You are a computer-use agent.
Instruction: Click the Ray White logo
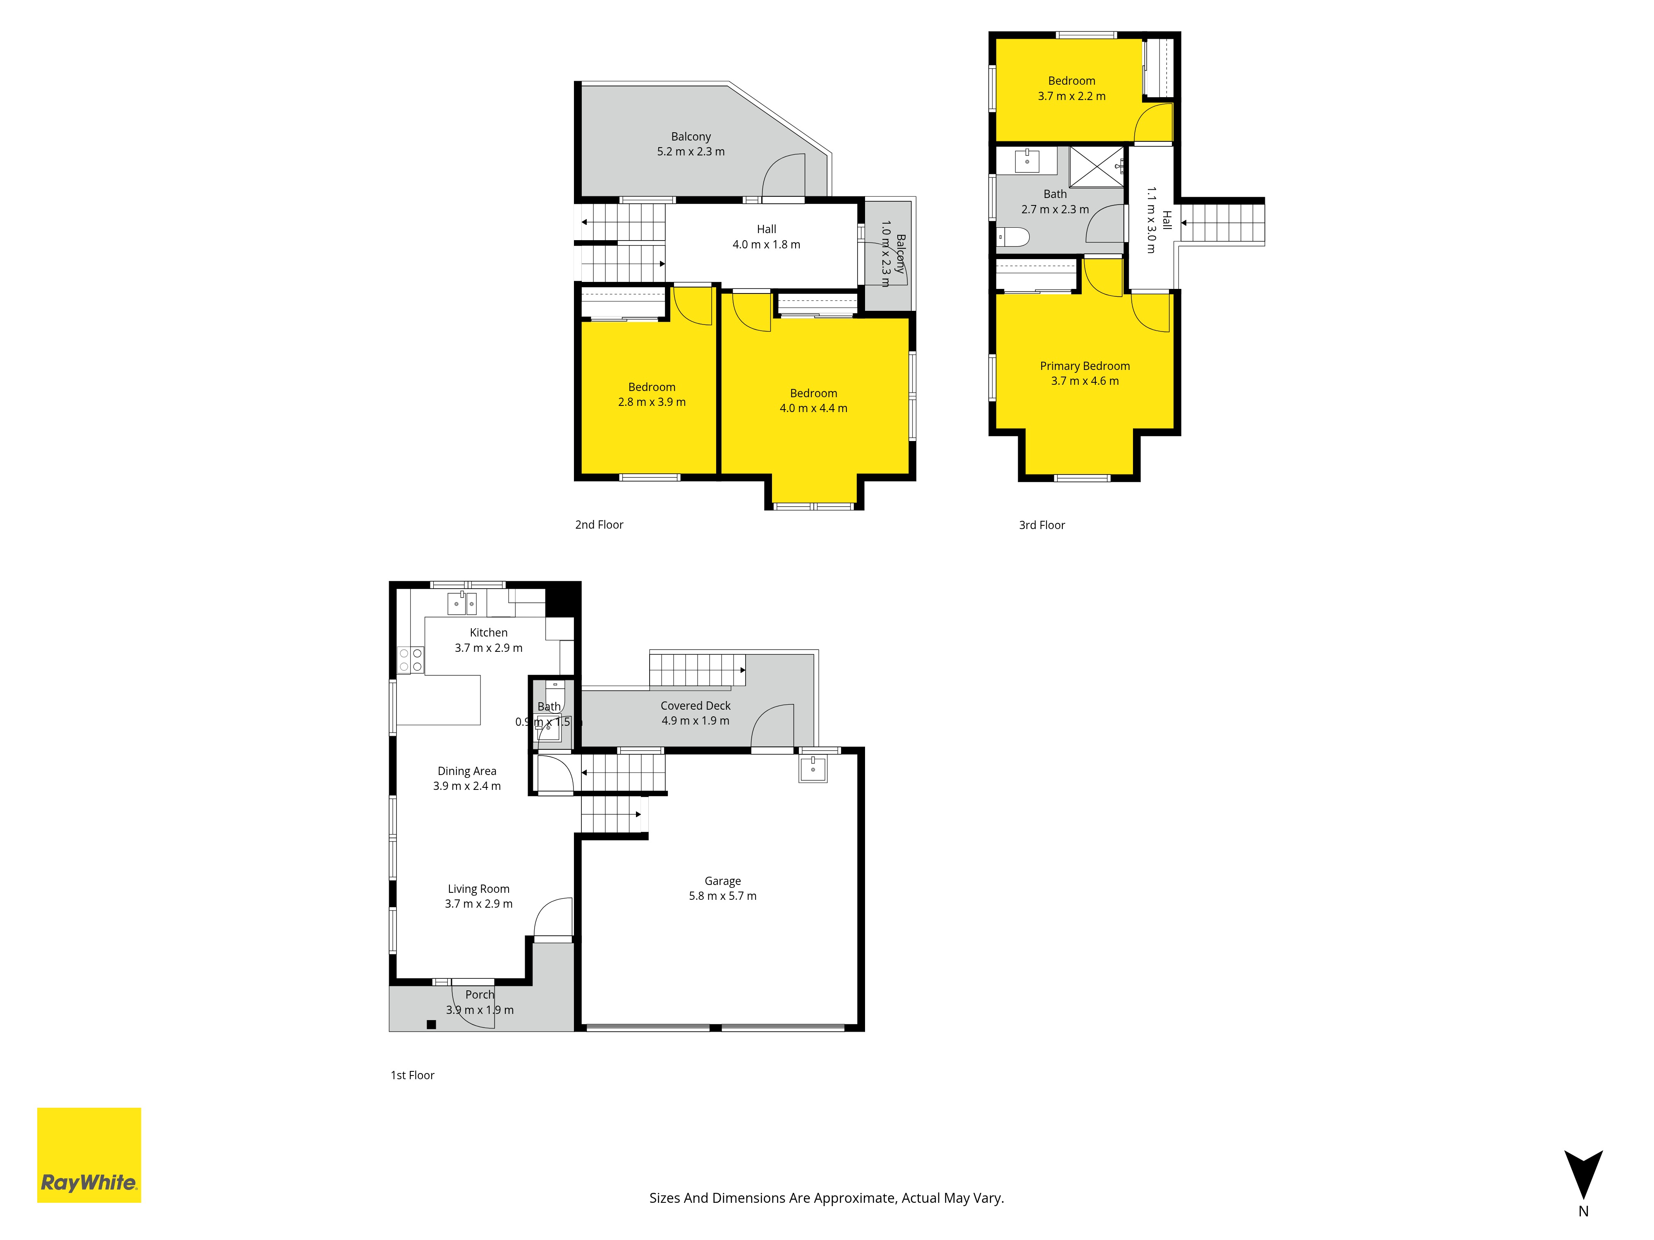tap(89, 1155)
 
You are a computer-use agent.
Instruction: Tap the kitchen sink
tap(462, 603)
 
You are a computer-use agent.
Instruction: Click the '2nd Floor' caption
tap(599, 525)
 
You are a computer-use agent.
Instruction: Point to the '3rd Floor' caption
tap(1042, 525)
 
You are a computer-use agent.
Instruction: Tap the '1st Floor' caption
tap(412, 1075)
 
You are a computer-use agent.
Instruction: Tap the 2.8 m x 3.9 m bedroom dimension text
tap(651, 402)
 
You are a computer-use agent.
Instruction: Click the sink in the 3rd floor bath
tap(1028, 159)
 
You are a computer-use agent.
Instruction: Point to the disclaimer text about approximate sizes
tap(826, 1198)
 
